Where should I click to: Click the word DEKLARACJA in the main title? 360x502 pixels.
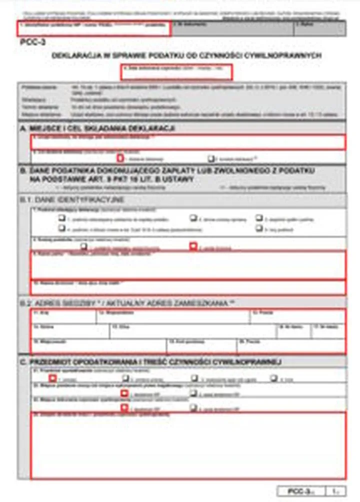tap(76, 55)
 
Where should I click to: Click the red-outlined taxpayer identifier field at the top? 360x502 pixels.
tap(94, 28)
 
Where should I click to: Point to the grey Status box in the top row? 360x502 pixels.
tap(319, 28)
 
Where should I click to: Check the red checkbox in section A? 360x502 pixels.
tap(120, 158)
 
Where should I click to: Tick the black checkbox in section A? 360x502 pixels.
tap(211, 158)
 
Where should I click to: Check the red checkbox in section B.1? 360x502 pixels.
tap(193, 246)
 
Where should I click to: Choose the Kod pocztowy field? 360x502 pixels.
tap(201, 346)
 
